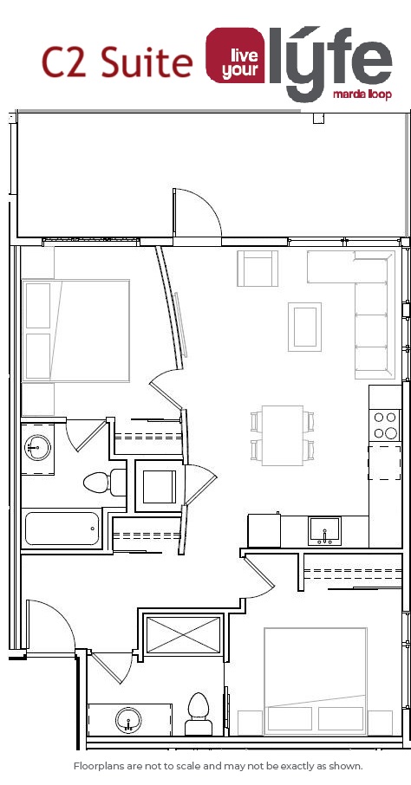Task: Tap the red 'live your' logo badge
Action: coord(236,55)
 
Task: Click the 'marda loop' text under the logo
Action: coord(362,94)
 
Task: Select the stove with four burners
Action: coord(386,425)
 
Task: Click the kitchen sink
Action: coord(325,531)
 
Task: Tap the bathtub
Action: coord(62,529)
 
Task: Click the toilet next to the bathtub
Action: coord(105,483)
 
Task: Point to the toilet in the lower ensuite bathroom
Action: coord(199,714)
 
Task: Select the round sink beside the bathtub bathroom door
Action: coord(37,447)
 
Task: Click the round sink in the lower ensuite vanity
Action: coord(128,721)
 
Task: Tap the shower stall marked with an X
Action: coord(183,635)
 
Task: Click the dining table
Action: coord(283,436)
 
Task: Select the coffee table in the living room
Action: coord(304,327)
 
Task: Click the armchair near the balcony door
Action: coord(258,269)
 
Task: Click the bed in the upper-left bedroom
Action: coord(76,331)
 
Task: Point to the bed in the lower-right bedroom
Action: coord(316,681)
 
